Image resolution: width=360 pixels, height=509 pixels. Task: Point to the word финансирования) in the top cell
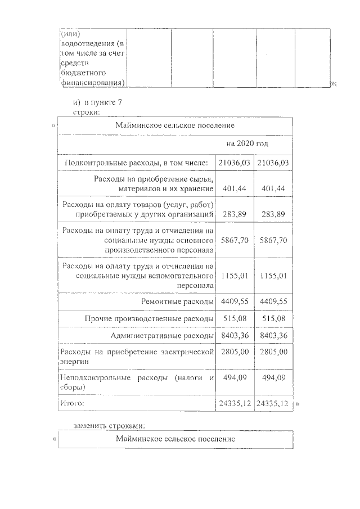click(92, 83)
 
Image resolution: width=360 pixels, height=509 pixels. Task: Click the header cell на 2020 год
click(247, 143)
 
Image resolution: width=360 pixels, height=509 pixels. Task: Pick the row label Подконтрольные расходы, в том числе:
click(137, 163)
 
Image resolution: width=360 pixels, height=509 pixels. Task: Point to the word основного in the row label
click(195, 240)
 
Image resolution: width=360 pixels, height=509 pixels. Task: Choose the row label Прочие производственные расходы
click(149, 319)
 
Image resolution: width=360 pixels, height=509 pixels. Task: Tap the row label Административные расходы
click(163, 336)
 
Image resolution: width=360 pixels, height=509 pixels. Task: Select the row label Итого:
click(72, 403)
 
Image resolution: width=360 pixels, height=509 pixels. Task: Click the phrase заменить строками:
click(113, 425)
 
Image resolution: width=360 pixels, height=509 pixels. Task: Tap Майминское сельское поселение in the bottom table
click(175, 438)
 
